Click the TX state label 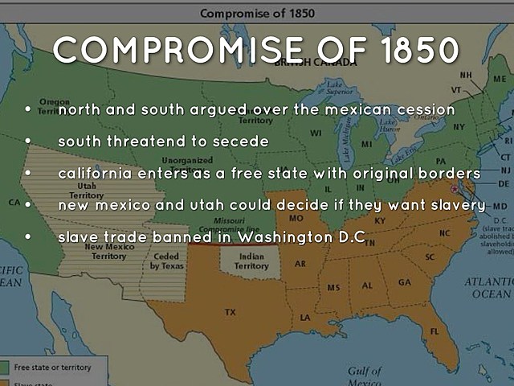230,311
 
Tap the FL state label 434,331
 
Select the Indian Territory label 251,261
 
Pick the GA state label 404,282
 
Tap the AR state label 300,263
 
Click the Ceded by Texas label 167,261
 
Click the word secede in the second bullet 241,141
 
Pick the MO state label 296,218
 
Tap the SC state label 430,257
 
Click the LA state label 305,317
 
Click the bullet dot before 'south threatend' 28,141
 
